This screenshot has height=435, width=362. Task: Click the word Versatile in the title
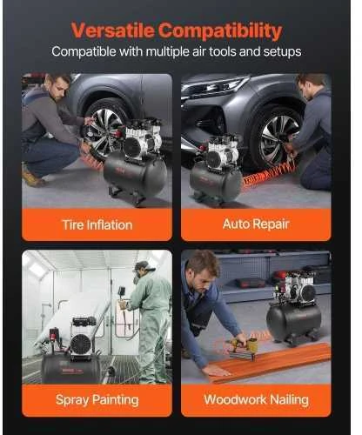pyautogui.click(x=113, y=30)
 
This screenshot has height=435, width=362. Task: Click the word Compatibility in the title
pyautogui.click(x=220, y=31)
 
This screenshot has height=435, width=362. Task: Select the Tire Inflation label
pyautogui.click(x=97, y=225)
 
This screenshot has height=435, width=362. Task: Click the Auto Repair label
pyautogui.click(x=256, y=224)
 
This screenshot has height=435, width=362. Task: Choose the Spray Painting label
pyautogui.click(x=97, y=400)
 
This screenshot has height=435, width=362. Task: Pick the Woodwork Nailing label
pyautogui.click(x=256, y=399)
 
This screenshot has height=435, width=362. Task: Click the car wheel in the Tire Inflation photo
pyautogui.click(x=105, y=129)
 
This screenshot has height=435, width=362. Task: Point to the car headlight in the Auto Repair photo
pyautogui.click(x=218, y=85)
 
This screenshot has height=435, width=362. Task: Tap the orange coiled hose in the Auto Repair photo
pyautogui.click(x=268, y=174)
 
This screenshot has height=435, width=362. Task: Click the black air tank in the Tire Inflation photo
pyautogui.click(x=136, y=176)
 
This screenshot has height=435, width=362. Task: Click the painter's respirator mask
pyautogui.click(x=137, y=277)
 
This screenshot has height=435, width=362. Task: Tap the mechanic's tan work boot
pyautogui.click(x=33, y=176)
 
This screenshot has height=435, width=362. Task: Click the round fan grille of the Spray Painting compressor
pyautogui.click(x=81, y=345)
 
